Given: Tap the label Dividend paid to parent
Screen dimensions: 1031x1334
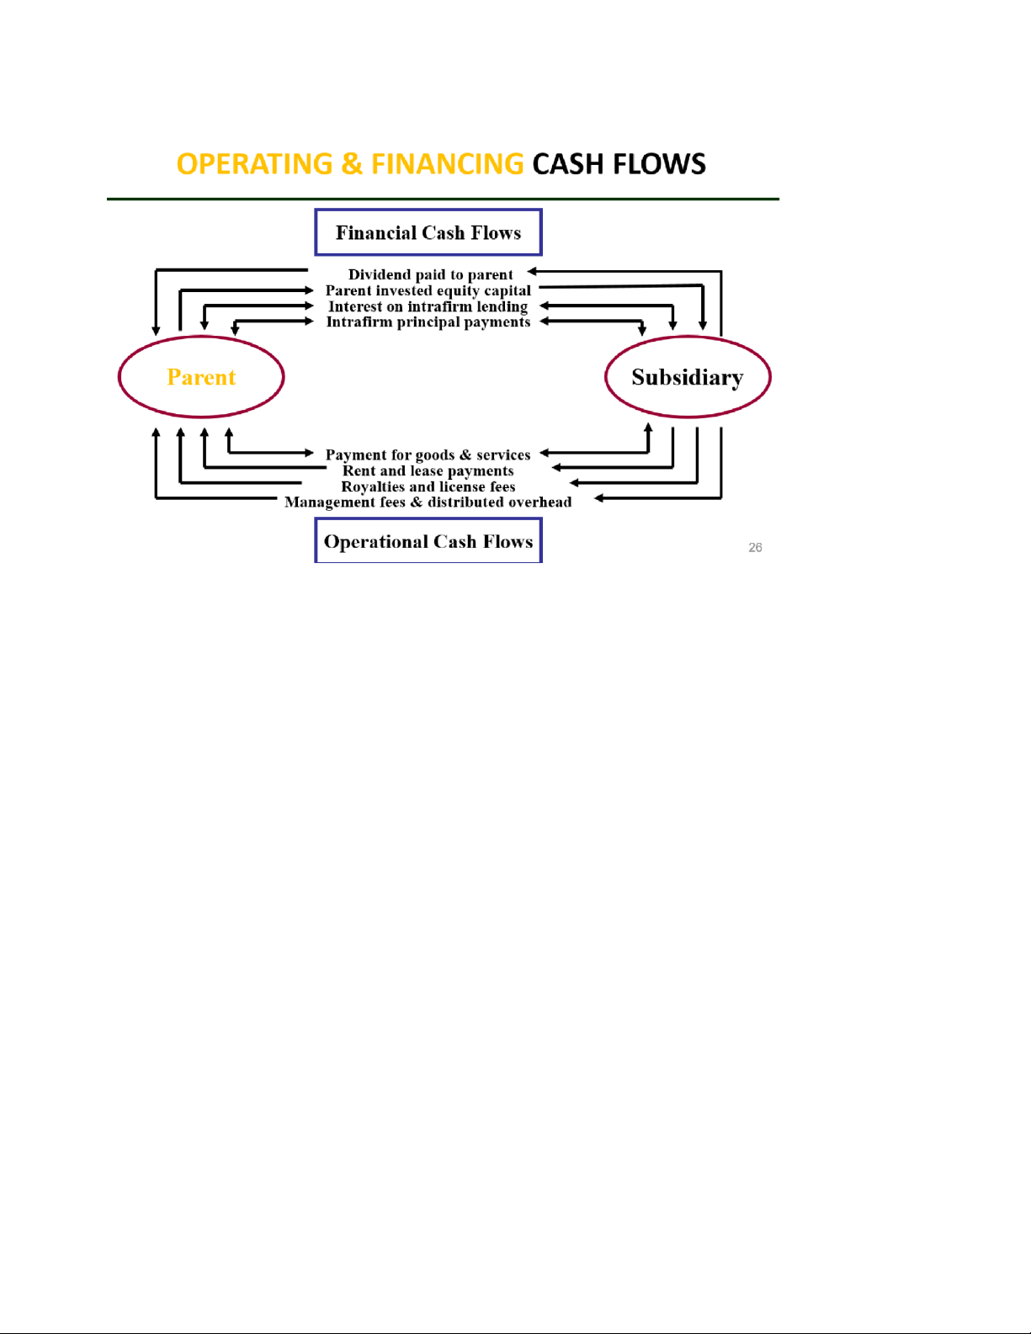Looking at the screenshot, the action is [430, 274].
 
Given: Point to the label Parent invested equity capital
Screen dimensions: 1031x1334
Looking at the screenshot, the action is [428, 290].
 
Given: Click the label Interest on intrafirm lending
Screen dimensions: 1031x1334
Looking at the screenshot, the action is [428, 306].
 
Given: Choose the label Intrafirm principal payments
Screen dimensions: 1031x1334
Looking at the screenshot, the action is [428, 322].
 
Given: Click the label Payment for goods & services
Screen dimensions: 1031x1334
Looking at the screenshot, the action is [428, 454].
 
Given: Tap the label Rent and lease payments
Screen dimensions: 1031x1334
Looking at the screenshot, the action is [428, 470].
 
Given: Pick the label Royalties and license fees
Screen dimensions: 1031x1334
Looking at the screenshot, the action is [428, 486].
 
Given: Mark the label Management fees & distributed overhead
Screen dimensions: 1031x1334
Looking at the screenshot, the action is [428, 502].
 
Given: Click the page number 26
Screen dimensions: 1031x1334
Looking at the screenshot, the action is [755, 548].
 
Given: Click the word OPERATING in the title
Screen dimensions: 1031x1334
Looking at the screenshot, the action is [254, 164].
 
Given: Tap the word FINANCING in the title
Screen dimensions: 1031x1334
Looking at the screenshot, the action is [448, 164].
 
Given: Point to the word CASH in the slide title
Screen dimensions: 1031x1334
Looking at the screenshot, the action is [567, 164].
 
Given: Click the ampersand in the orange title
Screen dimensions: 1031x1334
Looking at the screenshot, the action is [352, 164].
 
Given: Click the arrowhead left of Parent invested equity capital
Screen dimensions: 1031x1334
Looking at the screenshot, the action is [310, 290].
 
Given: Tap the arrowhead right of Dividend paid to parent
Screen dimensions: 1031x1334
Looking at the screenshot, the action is [532, 271].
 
